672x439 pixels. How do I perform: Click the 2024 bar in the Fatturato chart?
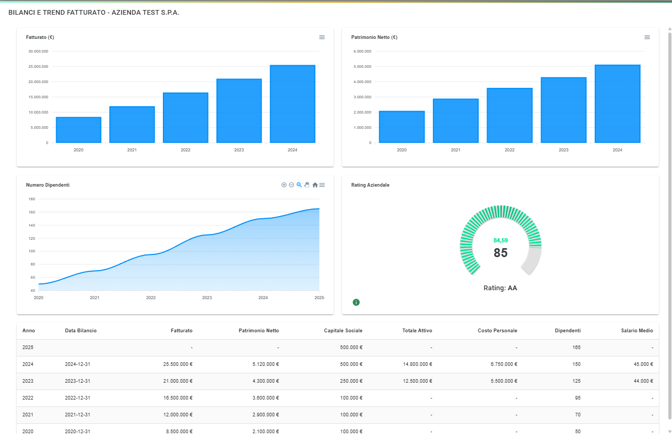pyautogui.click(x=292, y=104)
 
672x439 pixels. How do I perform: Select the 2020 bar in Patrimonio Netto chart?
pyautogui.click(x=401, y=127)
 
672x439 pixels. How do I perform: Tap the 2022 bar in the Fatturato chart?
pyautogui.click(x=185, y=118)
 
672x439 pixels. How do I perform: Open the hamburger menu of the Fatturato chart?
pyautogui.click(x=322, y=37)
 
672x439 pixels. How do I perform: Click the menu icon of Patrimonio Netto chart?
pyautogui.click(x=647, y=37)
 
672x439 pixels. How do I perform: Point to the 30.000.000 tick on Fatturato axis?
pyautogui.click(x=38, y=52)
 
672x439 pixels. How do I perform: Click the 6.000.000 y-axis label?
pyautogui.click(x=363, y=52)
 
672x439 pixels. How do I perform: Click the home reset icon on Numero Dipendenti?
pyautogui.click(x=315, y=185)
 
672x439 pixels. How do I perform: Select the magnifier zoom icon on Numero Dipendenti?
pyautogui.click(x=299, y=185)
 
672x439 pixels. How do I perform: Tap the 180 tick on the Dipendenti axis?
pyautogui.click(x=32, y=199)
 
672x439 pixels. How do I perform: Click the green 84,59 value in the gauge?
pyautogui.click(x=501, y=240)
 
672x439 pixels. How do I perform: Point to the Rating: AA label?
pyautogui.click(x=500, y=288)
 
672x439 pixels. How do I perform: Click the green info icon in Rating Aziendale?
pyautogui.click(x=356, y=302)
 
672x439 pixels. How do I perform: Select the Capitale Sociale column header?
pyautogui.click(x=343, y=331)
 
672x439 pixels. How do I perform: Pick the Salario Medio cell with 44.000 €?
pyautogui.click(x=640, y=381)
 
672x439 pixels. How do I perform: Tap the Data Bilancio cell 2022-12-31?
pyautogui.click(x=78, y=398)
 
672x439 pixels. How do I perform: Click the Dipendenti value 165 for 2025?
pyautogui.click(x=576, y=348)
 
